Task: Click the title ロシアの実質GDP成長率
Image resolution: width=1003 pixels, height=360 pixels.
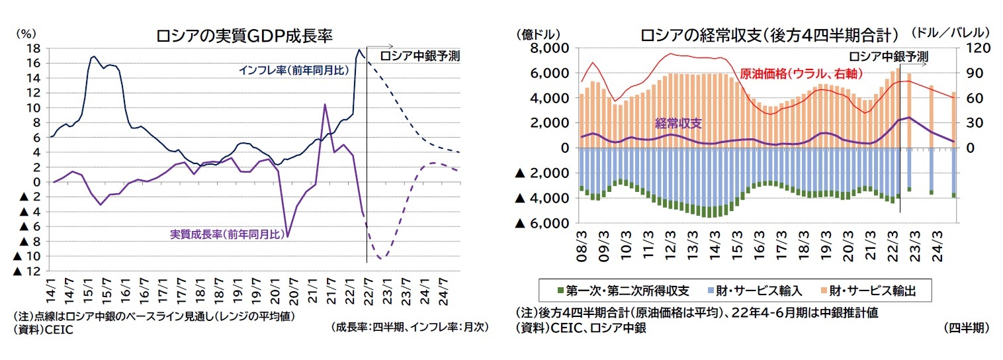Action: [243, 35]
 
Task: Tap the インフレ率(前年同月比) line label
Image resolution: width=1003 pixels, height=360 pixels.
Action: [293, 69]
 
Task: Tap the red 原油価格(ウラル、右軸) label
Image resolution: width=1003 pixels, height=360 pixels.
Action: [801, 73]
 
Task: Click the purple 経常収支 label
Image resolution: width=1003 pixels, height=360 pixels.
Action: [677, 122]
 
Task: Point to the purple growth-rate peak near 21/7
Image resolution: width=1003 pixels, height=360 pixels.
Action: [324, 105]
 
